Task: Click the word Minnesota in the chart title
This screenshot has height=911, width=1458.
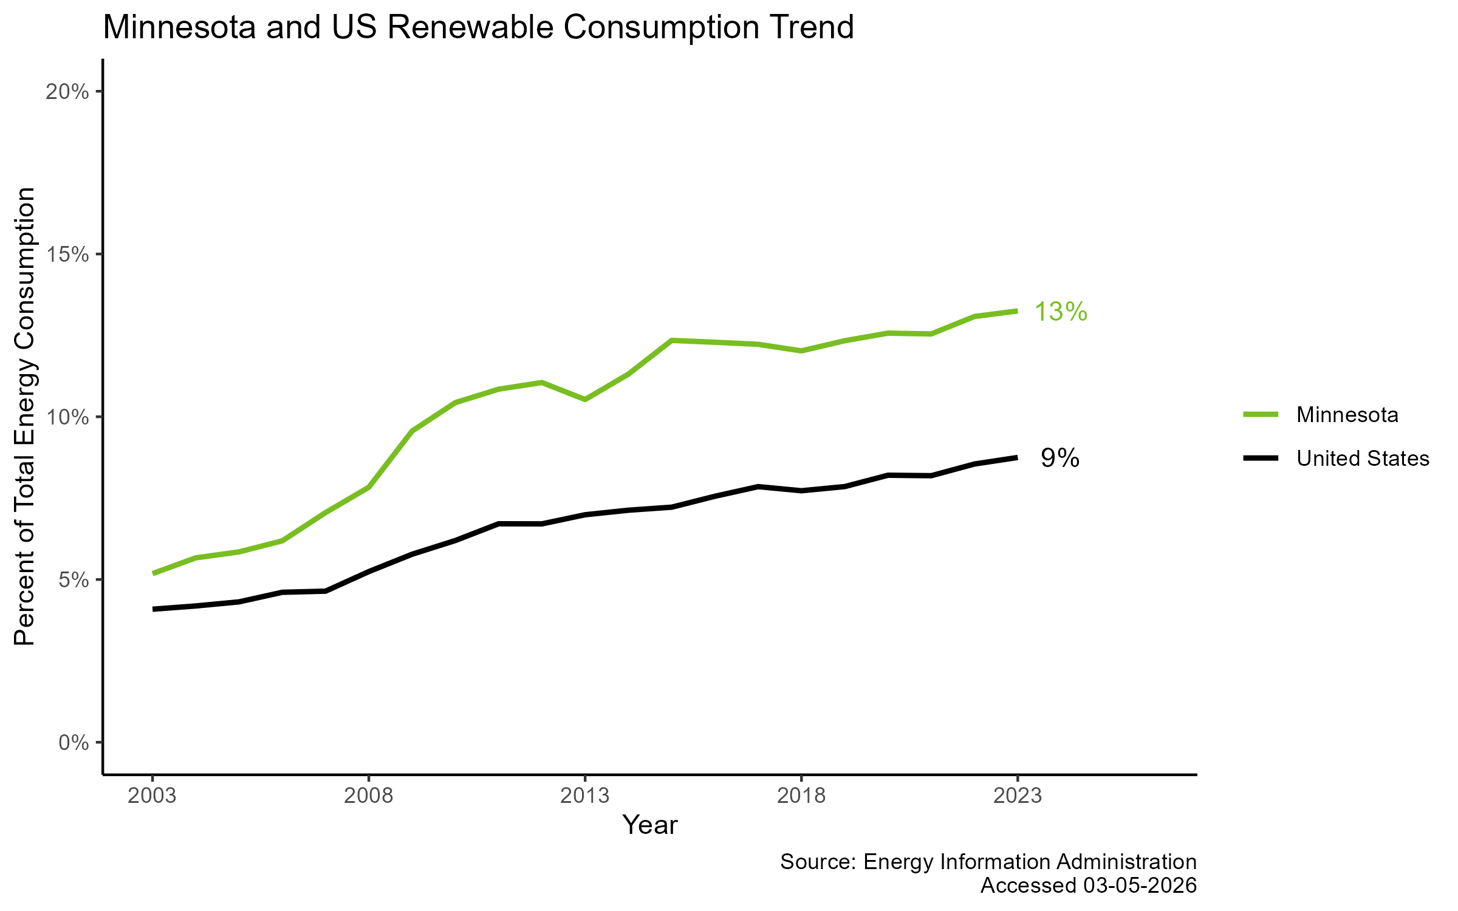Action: pyautogui.click(x=179, y=28)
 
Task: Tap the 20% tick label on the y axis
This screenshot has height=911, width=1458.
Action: pyautogui.click(x=67, y=92)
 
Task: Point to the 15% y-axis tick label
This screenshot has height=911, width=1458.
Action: pyautogui.click(x=67, y=254)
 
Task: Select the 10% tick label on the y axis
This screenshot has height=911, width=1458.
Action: pyautogui.click(x=67, y=417)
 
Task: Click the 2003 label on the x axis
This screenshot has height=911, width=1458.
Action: pyautogui.click(x=152, y=796)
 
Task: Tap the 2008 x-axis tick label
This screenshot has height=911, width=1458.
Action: pyautogui.click(x=369, y=796)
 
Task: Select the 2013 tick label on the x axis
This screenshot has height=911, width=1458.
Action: pyautogui.click(x=584, y=796)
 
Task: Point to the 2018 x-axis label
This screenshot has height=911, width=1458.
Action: pyautogui.click(x=801, y=796)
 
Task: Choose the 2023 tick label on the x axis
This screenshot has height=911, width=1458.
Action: pyautogui.click(x=1018, y=796)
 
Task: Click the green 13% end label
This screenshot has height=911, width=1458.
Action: pyautogui.click(x=1060, y=312)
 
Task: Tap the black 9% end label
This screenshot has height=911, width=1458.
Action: pyautogui.click(x=1060, y=459)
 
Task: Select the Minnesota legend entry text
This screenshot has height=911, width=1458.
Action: pyautogui.click(x=1347, y=415)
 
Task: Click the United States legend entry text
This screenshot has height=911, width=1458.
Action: pyautogui.click(x=1363, y=459)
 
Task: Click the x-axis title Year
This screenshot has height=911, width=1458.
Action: pyautogui.click(x=649, y=825)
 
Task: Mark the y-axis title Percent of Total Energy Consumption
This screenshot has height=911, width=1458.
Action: pyautogui.click(x=25, y=417)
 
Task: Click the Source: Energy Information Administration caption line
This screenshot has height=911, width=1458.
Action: pyautogui.click(x=988, y=862)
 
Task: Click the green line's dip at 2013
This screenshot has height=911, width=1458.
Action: pyautogui.click(x=584, y=400)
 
